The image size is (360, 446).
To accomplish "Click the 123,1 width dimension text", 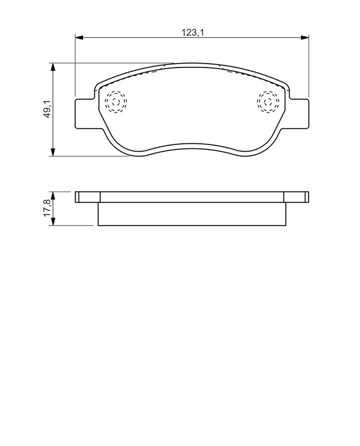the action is pyautogui.click(x=193, y=32).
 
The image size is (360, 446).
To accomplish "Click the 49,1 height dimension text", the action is pyautogui.click(x=47, y=109).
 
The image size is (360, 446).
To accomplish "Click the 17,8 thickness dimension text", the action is pyautogui.click(x=47, y=208).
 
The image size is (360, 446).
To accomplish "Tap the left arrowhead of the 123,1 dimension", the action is pyautogui.click(x=79, y=37).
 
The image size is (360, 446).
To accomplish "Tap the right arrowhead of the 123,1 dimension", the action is pyautogui.click(x=305, y=37).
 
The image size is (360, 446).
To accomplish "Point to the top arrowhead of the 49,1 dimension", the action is pyautogui.click(x=52, y=67).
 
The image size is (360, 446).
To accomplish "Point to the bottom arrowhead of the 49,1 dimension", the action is pyautogui.click(x=52, y=152).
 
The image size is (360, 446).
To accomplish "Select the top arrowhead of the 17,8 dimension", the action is pyautogui.click(x=52, y=196).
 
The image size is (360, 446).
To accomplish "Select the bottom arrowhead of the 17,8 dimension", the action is pyautogui.click(x=52, y=221).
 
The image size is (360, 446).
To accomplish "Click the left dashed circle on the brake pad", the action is pyautogui.click(x=116, y=91).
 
